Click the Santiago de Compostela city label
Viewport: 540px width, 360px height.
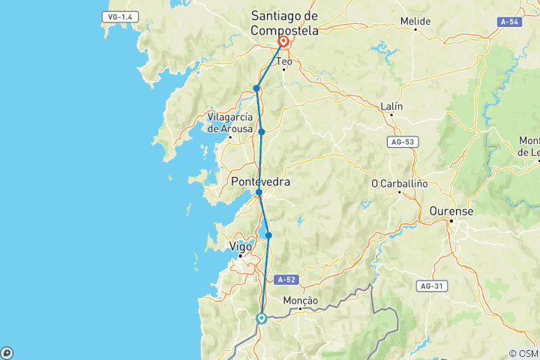coord(284,24)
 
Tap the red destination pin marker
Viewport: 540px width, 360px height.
coord(285,42)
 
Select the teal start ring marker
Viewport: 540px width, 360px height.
coord(262,318)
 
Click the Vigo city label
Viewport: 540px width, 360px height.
coord(241,246)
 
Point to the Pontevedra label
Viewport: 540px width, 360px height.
coord(260,181)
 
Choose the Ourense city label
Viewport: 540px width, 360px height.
coord(451,212)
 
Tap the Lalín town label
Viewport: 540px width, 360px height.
coord(391,106)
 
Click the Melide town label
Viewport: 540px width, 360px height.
coord(415,22)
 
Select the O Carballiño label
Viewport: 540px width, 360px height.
coord(399,184)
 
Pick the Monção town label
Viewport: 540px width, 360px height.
coord(301,300)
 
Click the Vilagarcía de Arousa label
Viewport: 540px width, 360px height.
coord(229,122)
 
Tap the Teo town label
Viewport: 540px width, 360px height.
coord(283,61)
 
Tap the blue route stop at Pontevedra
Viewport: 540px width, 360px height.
coord(259,193)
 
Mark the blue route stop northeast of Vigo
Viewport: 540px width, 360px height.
coord(268,235)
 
